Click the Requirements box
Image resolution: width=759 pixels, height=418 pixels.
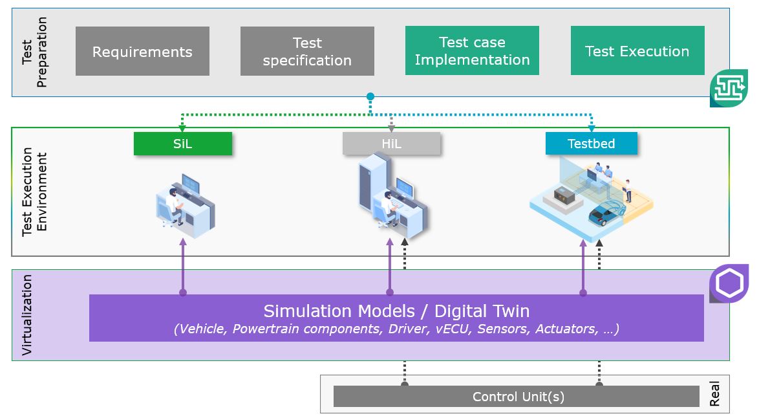tap(142, 51)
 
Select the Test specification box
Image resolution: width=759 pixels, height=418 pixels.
tap(307, 51)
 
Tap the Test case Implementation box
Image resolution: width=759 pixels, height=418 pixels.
tap(472, 51)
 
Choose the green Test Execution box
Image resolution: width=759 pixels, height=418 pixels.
tap(637, 51)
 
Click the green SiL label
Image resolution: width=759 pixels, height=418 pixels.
tap(183, 144)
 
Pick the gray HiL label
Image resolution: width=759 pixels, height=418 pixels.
tap(392, 144)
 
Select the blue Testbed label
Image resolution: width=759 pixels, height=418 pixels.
tap(592, 144)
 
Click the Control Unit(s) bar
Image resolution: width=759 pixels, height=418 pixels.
tap(517, 397)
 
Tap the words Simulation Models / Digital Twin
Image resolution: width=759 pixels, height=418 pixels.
tap(396, 311)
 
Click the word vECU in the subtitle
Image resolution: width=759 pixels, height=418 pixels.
tap(453, 329)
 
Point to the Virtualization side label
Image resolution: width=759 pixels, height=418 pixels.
tap(27, 315)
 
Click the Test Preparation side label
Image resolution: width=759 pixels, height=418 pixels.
tap(34, 52)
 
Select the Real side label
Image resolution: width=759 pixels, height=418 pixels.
tap(714, 393)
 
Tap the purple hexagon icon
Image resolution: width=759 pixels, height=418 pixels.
tap(729, 283)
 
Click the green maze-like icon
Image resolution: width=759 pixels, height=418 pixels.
tap(729, 88)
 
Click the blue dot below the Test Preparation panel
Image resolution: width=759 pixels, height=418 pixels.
tap(370, 97)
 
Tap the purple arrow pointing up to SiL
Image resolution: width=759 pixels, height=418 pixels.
tap(183, 267)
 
